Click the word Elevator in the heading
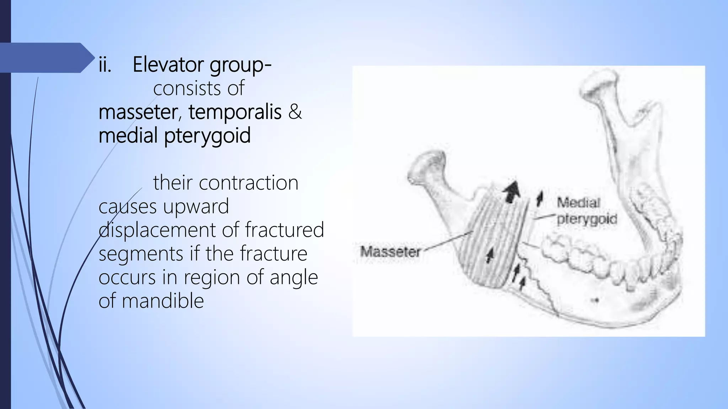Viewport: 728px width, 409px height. [x=168, y=65]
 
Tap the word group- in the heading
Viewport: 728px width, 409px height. [x=241, y=65]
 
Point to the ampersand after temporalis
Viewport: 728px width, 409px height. [x=295, y=112]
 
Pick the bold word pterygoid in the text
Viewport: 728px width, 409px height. [x=207, y=136]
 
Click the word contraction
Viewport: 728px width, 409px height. [x=248, y=183]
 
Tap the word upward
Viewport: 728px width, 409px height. [x=196, y=207]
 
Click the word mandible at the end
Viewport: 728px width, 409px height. [x=163, y=301]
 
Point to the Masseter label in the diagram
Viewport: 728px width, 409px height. [x=390, y=252]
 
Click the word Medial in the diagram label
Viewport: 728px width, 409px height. [x=578, y=203]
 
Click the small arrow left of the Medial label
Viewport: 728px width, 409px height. [x=540, y=198]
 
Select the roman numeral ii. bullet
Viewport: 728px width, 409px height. [x=105, y=65]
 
